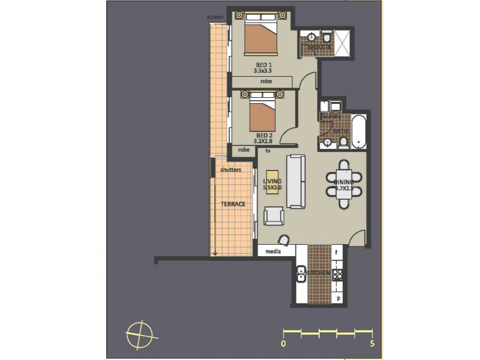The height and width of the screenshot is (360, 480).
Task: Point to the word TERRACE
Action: click(232, 204)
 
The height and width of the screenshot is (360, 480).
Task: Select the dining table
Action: click(344, 183)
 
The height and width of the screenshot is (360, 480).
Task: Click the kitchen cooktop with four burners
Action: click(337, 274)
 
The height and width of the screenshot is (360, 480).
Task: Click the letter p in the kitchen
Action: click(338, 297)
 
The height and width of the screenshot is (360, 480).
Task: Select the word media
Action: click(273, 251)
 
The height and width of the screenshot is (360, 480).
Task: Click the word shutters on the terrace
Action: click(230, 170)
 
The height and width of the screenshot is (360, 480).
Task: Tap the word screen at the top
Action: click(215, 17)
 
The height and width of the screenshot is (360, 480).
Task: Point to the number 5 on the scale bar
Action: click(372, 344)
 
